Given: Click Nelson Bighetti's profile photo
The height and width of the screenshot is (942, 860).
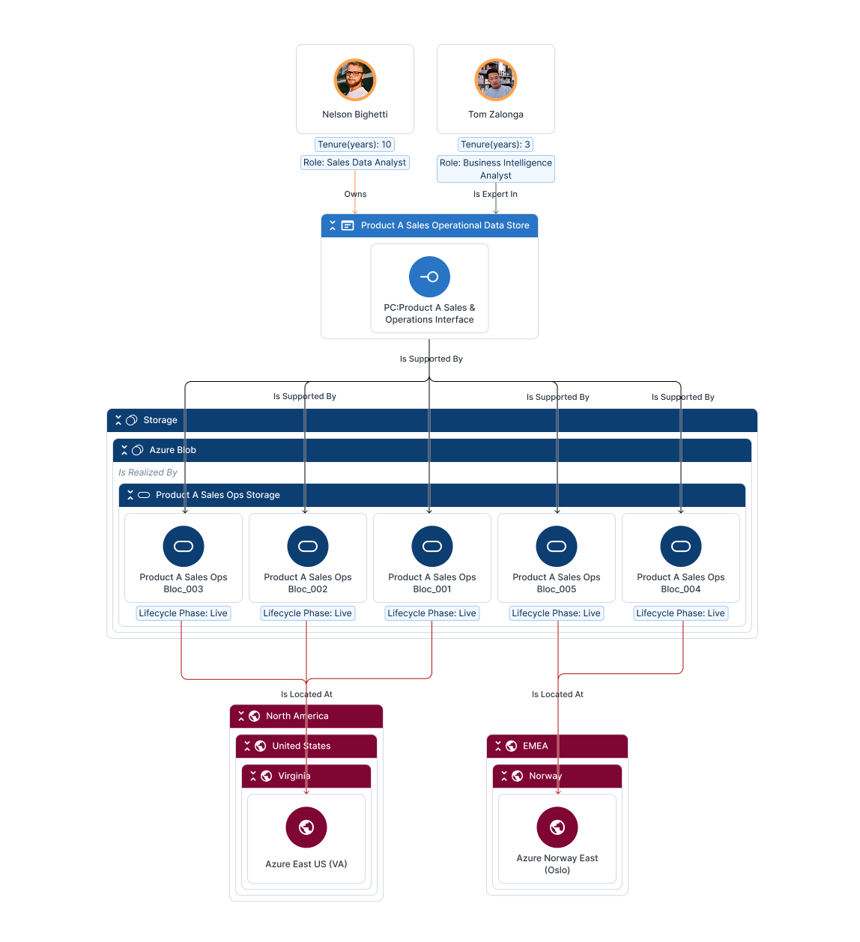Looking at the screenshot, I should coord(355,80).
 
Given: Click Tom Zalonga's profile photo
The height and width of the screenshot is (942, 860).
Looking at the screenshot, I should coord(496,80).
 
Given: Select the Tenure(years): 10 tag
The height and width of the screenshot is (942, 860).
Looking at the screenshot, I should coord(354,145).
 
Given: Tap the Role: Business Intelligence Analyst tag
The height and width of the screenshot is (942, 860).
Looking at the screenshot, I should coord(496,168).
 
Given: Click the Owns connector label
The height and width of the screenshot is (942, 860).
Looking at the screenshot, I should coord(355,194).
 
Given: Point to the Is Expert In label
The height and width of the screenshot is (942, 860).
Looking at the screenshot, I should coord(495,194).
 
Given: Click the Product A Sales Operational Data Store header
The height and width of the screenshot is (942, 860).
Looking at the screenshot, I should coord(444,225).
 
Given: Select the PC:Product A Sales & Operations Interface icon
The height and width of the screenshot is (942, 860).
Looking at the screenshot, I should coord(429,277).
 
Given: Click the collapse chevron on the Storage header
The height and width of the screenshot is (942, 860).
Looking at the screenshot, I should coord(118,420).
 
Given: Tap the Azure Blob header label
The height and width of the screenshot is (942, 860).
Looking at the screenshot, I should coord(172,450).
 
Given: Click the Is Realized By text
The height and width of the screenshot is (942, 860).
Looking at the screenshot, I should coord(148,472).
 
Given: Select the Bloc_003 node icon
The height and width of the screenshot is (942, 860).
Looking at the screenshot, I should coord(184,546).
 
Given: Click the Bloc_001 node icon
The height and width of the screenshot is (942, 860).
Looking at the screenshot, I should coord(432,546).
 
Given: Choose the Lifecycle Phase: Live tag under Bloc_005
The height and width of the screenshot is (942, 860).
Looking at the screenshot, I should coord(556,613).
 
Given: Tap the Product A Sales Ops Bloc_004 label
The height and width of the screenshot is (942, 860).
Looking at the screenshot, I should coord(681,583).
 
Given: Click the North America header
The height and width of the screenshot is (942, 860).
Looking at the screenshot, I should coord(297,716).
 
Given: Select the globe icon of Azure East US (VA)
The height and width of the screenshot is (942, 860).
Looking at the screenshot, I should coord(306,827).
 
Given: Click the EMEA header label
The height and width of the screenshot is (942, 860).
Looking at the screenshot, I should coord(535,746).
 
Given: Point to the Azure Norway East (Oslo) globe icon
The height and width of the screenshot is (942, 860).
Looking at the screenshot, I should coord(557,827).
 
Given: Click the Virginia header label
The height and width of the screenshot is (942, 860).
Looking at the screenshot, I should coord(294,776).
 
